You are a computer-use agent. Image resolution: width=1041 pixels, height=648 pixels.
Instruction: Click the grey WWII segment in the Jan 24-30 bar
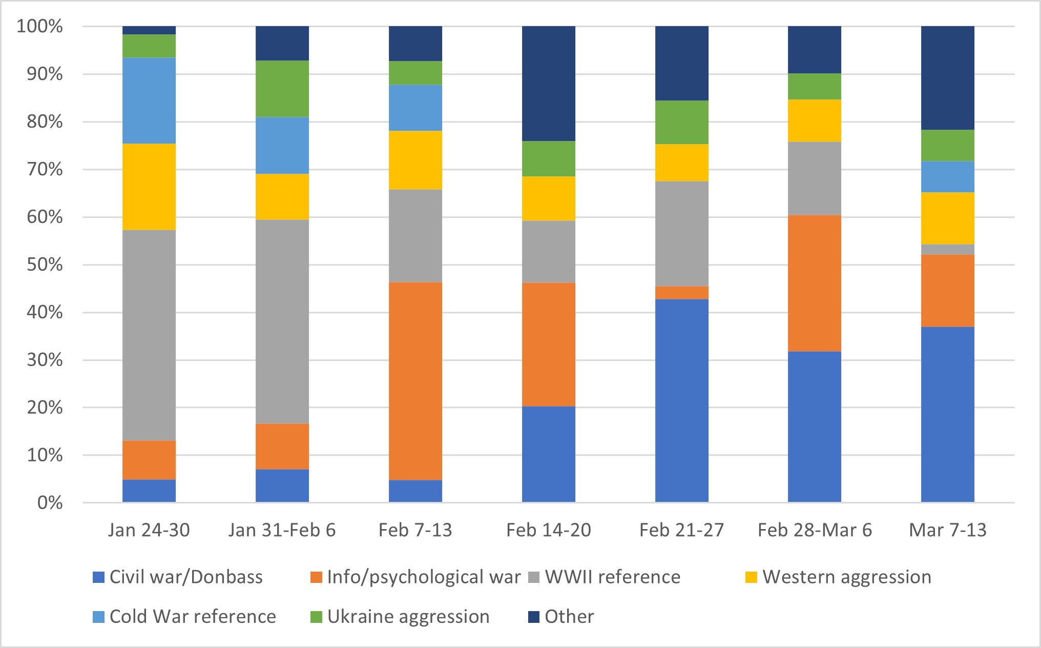click(149, 335)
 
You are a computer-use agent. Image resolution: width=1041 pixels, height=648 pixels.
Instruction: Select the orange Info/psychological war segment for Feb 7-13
click(415, 381)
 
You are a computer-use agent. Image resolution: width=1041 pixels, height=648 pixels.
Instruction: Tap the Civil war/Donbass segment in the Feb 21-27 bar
click(682, 400)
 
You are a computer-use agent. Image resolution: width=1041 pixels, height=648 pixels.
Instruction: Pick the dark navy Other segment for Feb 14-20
click(549, 83)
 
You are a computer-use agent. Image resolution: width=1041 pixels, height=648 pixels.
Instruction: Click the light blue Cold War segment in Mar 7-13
click(948, 176)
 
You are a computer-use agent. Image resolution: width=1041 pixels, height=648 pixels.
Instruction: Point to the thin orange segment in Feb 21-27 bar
click(682, 293)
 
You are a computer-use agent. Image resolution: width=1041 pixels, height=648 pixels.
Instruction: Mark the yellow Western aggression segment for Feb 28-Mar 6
click(815, 120)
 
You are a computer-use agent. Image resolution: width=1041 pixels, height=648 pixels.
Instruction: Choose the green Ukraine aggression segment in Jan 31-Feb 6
click(282, 89)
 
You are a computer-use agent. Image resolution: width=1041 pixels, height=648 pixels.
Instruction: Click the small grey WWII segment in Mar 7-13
click(948, 249)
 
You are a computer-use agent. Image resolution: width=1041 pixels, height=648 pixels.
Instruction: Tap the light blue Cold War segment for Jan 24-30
click(149, 100)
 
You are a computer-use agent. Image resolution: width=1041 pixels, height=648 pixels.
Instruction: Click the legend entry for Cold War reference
click(192, 617)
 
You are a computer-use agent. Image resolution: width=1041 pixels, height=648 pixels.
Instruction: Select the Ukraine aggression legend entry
click(408, 617)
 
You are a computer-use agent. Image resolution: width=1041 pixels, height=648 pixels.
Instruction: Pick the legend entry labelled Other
click(569, 617)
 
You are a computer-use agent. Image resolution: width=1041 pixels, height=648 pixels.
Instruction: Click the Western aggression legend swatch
click(751, 577)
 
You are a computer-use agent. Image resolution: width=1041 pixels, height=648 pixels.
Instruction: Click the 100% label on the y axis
click(40, 26)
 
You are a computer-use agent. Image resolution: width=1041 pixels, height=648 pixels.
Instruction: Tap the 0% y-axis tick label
click(50, 503)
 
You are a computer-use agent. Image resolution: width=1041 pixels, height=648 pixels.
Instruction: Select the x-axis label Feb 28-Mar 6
click(815, 530)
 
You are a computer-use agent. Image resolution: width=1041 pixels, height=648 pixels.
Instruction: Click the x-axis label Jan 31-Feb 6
click(282, 530)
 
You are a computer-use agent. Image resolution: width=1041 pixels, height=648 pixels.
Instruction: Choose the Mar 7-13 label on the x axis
click(948, 530)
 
